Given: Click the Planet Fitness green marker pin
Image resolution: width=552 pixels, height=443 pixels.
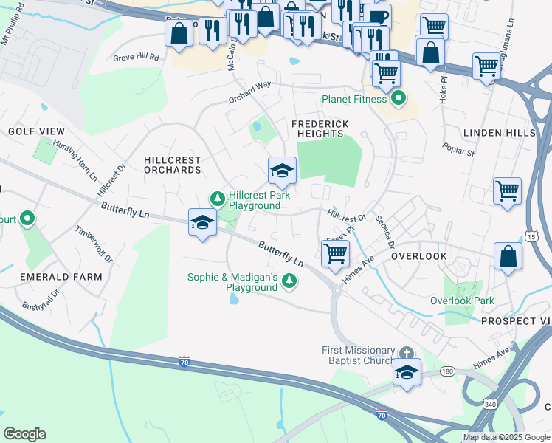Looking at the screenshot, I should [x=399, y=98].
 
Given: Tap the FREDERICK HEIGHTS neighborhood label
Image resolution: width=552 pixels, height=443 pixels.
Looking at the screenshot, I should [x=317, y=128].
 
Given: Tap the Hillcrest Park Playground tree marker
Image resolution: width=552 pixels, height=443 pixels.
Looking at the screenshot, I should [x=217, y=198].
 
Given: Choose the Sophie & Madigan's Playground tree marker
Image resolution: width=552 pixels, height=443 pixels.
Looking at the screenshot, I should [x=290, y=280].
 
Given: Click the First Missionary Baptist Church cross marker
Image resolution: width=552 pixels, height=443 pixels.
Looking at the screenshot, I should [x=405, y=353].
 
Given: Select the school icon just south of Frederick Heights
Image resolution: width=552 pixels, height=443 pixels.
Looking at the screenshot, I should [x=281, y=171].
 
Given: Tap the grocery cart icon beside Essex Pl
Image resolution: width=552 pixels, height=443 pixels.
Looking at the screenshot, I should [x=336, y=254].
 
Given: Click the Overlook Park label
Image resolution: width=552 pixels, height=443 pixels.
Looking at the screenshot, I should [x=462, y=301].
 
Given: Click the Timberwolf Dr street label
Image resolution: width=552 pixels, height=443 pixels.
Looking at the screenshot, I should [x=94, y=244].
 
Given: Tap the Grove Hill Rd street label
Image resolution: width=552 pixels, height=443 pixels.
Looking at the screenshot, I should [x=136, y=57].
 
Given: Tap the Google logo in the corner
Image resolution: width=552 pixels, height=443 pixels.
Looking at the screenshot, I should [x=24, y=434].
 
